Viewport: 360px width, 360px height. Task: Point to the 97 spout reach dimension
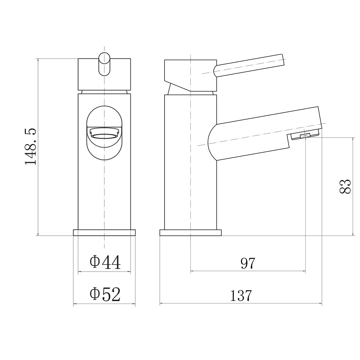coord(248,264)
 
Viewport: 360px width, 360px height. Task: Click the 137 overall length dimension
coord(241,296)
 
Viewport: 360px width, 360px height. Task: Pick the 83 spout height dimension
coord(345,186)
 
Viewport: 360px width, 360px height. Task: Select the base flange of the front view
coord(104,233)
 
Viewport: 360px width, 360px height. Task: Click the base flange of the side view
coord(190,233)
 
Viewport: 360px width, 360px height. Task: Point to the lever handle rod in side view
coord(248,65)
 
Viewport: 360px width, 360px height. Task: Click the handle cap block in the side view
coord(191,75)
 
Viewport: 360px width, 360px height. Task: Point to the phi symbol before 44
coord(94,262)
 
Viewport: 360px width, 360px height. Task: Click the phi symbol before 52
coord(94,294)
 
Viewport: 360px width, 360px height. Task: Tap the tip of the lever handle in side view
coord(282,60)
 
